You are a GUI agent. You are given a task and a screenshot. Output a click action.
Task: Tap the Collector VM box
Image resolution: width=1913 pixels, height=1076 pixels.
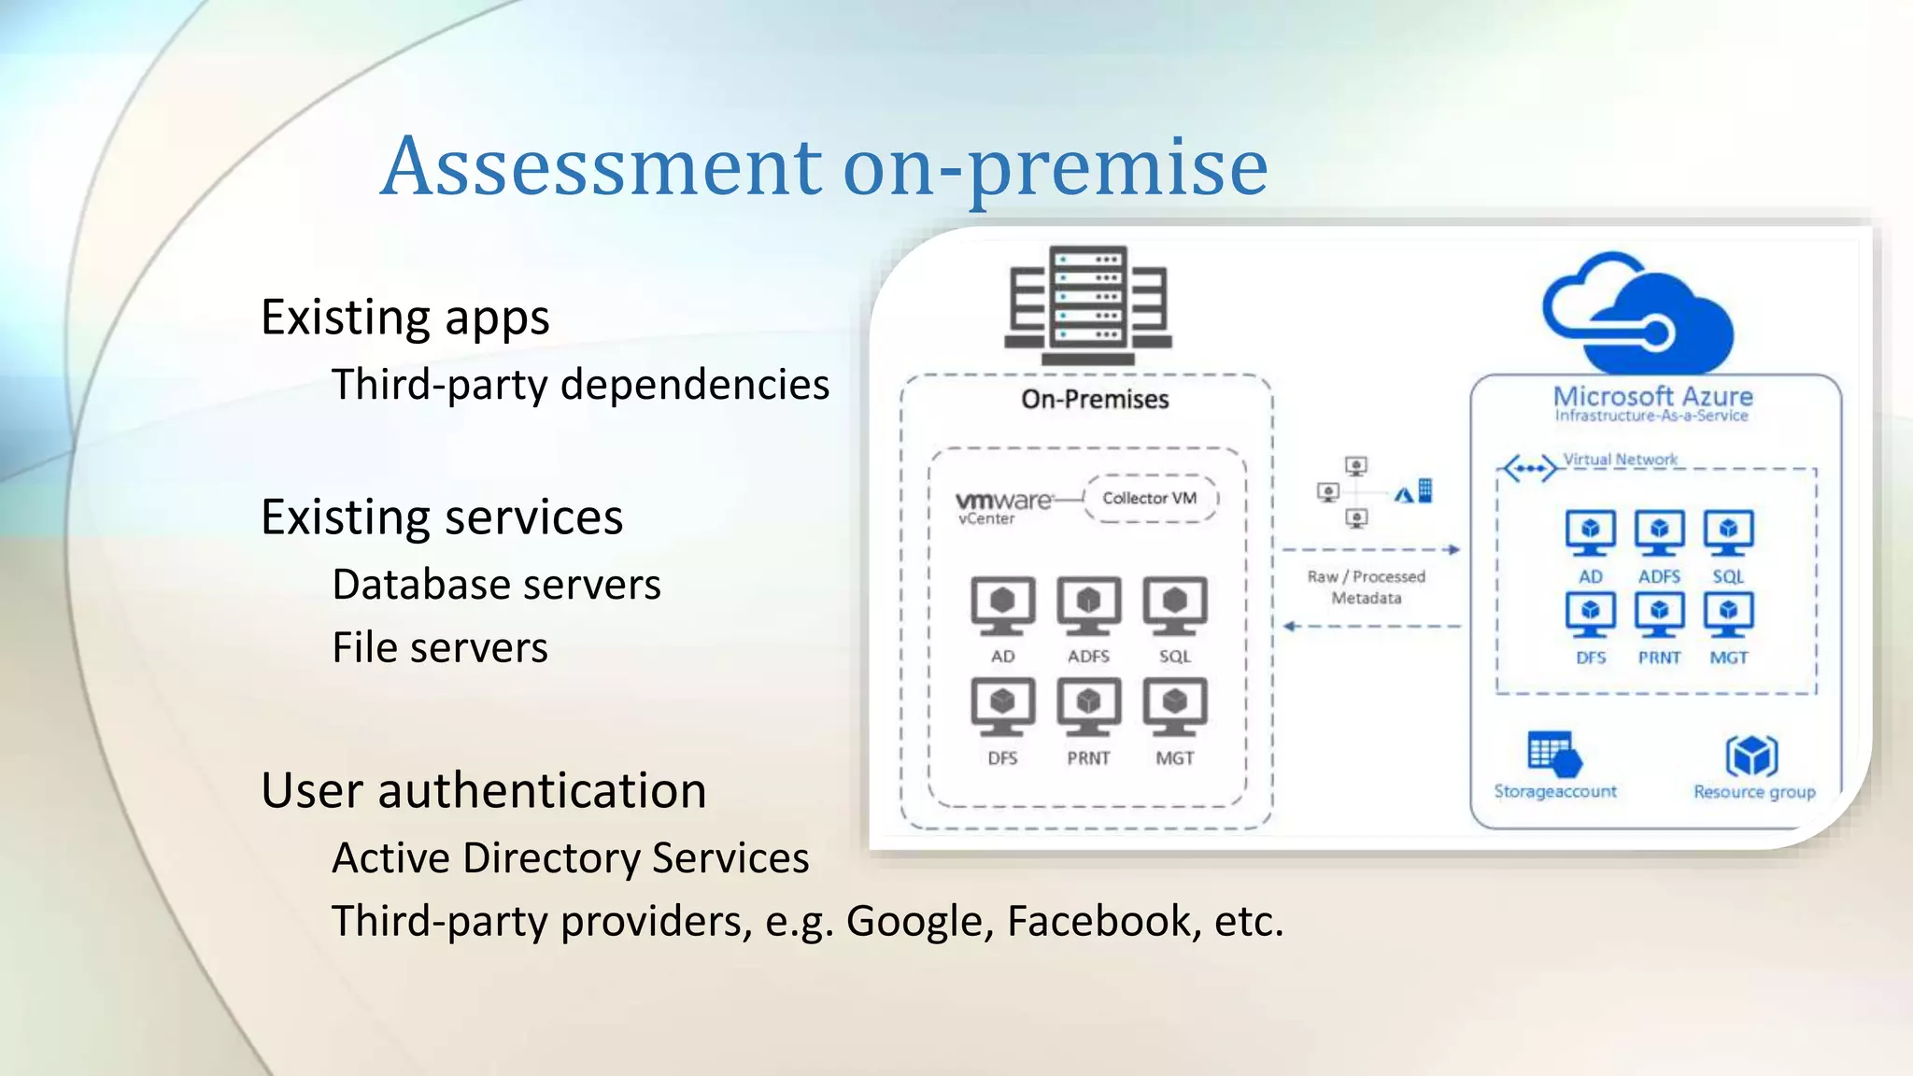click(x=1150, y=498)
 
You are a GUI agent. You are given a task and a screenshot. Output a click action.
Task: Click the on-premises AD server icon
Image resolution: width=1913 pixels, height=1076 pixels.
click(x=1002, y=604)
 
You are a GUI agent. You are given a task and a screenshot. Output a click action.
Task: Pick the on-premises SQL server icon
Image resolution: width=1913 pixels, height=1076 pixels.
click(x=1175, y=604)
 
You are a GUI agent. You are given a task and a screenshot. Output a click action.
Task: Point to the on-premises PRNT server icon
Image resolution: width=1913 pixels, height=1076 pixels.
click(x=1088, y=706)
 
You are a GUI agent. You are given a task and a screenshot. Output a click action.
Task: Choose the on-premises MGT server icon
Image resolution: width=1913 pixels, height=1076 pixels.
click(x=1175, y=706)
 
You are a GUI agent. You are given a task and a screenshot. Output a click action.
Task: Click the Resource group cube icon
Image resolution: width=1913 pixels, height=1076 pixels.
click(x=1752, y=755)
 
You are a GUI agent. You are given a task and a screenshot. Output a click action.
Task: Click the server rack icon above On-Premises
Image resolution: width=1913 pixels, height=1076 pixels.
click(x=1088, y=304)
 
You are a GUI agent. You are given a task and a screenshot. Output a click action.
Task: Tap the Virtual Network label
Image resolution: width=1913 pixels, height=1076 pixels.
click(x=1620, y=460)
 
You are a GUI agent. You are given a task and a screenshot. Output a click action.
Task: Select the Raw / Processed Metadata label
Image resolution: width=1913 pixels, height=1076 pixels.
click(x=1366, y=588)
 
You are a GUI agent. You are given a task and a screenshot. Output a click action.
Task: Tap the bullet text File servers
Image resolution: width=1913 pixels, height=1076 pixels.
click(x=440, y=647)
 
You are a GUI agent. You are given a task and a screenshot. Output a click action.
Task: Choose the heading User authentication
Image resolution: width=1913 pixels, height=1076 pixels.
click(x=483, y=790)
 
